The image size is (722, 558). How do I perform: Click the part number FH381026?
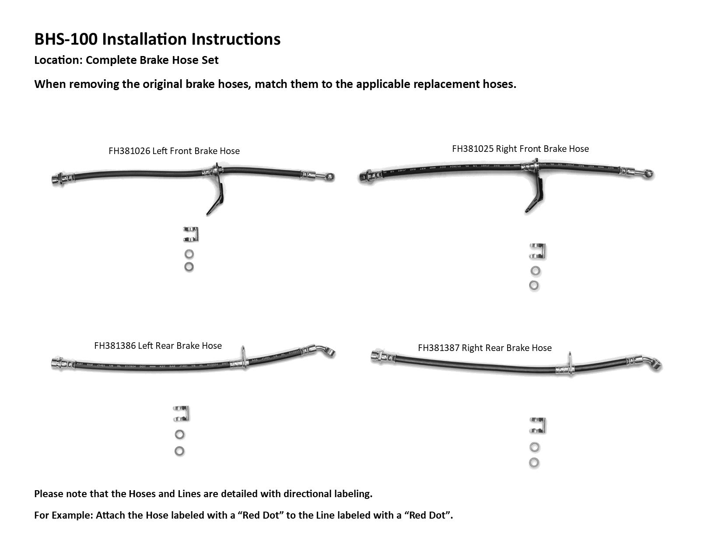coord(129,151)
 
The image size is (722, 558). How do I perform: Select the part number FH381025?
coord(473,149)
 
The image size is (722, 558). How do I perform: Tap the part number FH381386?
coord(115,346)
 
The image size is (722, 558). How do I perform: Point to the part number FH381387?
coord(438,348)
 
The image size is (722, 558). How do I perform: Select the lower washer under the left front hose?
coord(189,267)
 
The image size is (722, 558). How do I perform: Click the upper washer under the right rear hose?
coord(534,447)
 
